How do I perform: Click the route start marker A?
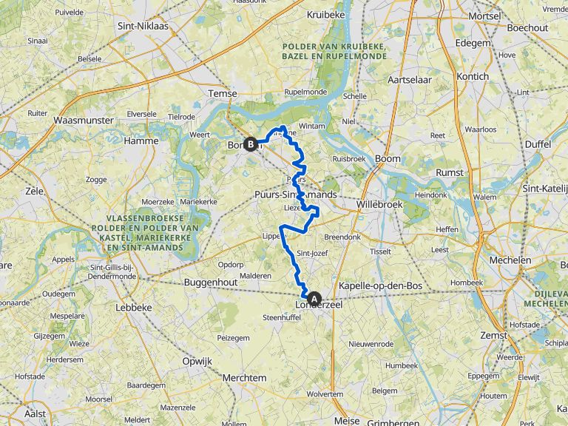click(315, 300)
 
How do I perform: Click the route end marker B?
click(251, 145)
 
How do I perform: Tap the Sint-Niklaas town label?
click(143, 26)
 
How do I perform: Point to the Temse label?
click(223, 94)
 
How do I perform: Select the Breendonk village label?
click(341, 237)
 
